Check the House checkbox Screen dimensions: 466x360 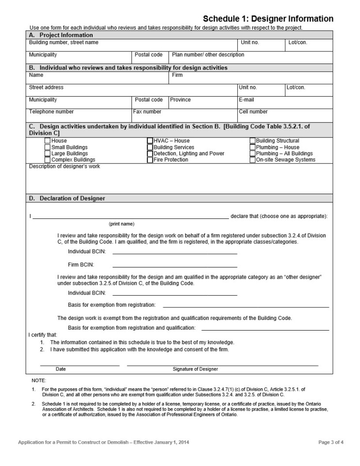click(48, 141)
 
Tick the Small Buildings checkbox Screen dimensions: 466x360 click(48, 147)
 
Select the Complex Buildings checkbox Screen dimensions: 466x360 click(48, 160)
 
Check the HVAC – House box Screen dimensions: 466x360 click(150, 141)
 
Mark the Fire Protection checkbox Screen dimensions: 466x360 click(150, 160)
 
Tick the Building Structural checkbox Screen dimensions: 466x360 click(252, 141)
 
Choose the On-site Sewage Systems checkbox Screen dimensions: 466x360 click(252, 160)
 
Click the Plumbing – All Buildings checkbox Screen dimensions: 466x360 click(252, 153)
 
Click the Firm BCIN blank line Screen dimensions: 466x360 click(175, 266)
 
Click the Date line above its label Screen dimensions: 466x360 click(80, 364)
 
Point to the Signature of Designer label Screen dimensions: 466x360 click(195, 369)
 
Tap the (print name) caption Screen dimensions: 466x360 click(121, 224)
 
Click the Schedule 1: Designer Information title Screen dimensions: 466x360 click(268, 19)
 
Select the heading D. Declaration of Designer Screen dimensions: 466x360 click(67, 198)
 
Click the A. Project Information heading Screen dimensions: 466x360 click(61, 35)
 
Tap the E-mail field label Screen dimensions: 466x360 click(246, 100)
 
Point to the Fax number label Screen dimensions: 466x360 click(147, 112)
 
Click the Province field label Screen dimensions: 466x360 click(180, 100)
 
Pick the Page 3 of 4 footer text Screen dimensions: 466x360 click(331, 442)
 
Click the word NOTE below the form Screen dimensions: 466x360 click(38, 380)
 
